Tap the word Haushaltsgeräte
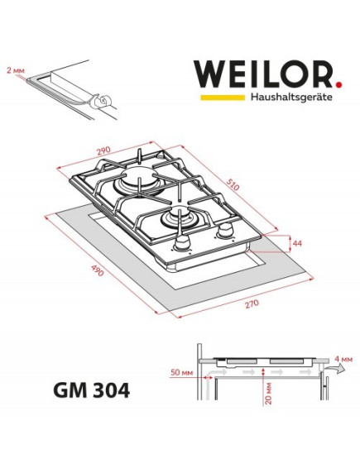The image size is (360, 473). pos(290,98)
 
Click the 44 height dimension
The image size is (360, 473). pos(299,244)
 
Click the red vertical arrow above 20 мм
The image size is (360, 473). pos(263,377)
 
